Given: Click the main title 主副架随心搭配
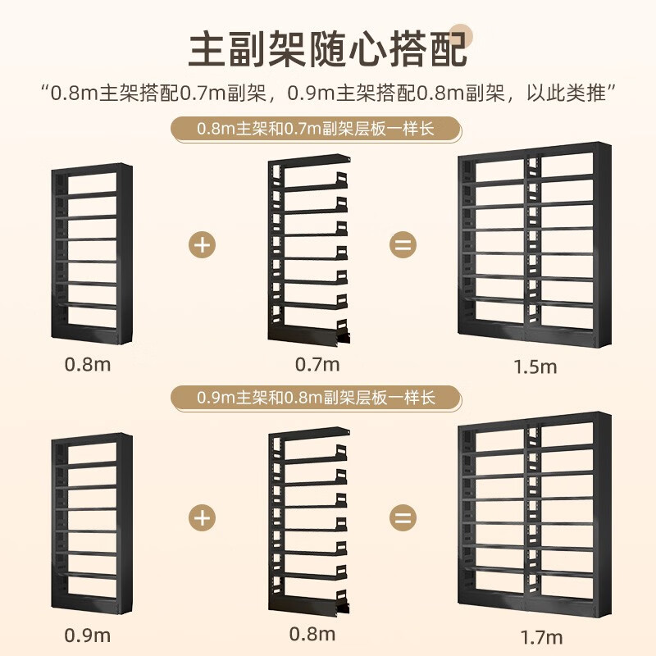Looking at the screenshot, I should click(328, 50).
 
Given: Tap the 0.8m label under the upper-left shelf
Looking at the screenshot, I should click(87, 363).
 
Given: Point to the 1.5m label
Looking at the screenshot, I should click(536, 367).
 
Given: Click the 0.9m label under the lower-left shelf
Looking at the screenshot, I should click(87, 635).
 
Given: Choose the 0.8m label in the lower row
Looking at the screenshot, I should click(312, 635).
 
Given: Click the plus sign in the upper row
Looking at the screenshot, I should click(203, 244).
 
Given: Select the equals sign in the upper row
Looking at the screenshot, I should click(402, 244).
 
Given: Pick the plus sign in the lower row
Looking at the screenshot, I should click(203, 518).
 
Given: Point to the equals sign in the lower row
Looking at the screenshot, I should click(402, 518).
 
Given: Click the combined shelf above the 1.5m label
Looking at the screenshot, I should click(535, 244).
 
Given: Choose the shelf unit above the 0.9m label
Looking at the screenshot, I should click(90, 522).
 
